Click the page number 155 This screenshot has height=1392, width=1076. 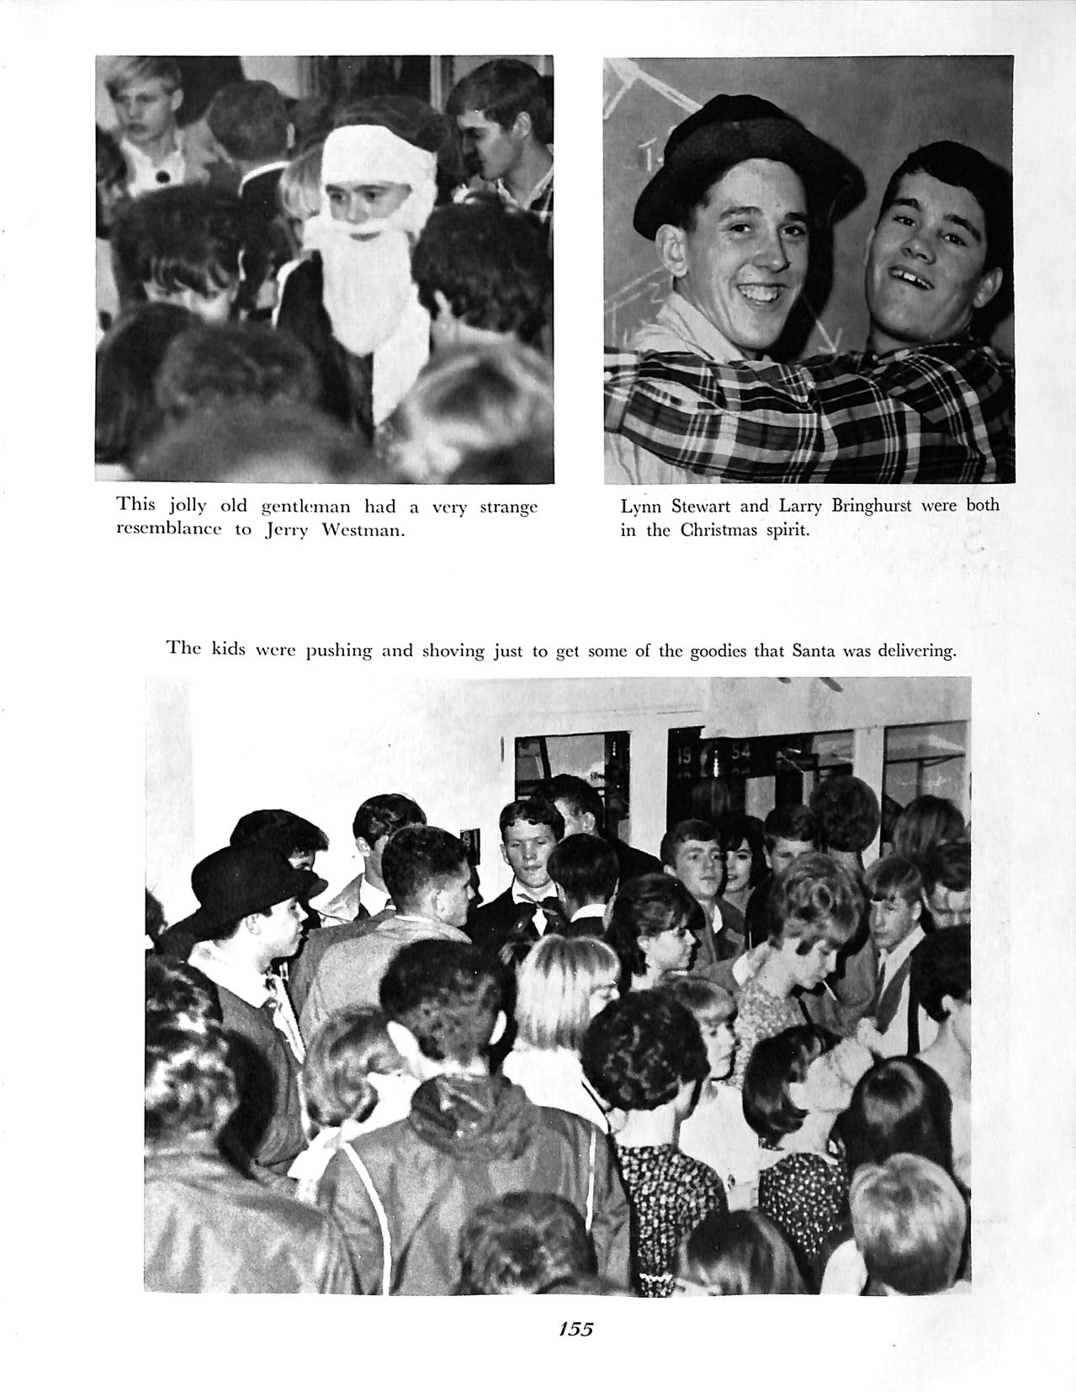coord(576,1328)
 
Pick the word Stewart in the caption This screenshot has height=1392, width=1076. coord(702,506)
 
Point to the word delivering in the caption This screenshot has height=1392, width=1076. coord(917,651)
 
